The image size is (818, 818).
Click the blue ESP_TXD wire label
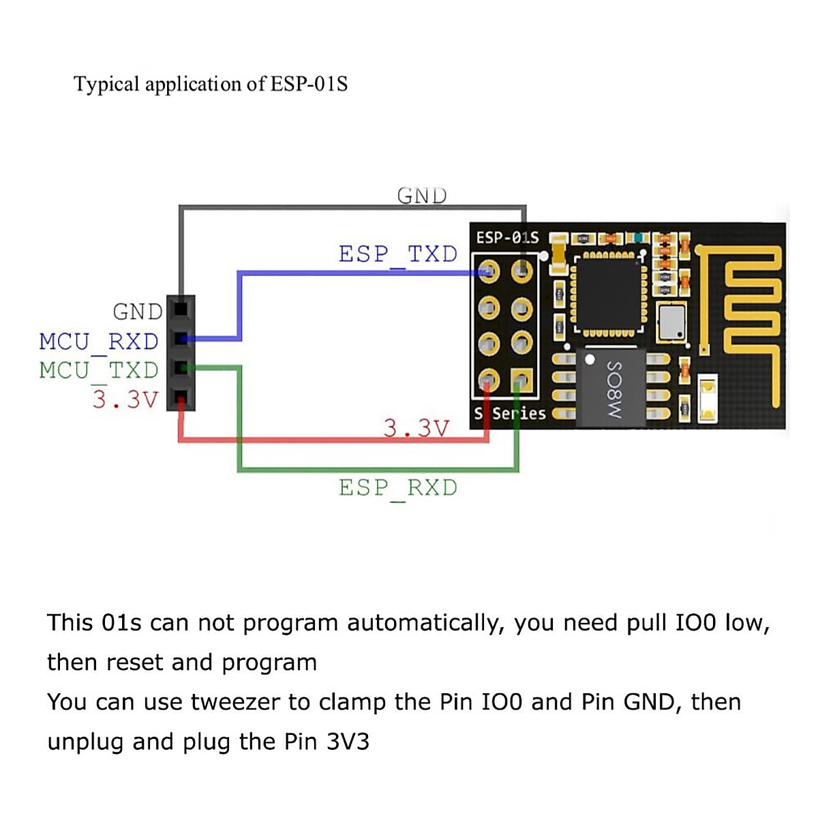pyautogui.click(x=398, y=254)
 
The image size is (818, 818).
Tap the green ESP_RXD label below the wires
pyautogui.click(x=398, y=488)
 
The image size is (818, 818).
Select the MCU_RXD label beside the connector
pyautogui.click(x=99, y=342)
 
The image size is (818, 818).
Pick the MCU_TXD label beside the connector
pyautogui.click(x=99, y=370)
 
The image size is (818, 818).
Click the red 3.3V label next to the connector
pyautogui.click(x=125, y=399)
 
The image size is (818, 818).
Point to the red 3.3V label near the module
pyautogui.click(x=416, y=428)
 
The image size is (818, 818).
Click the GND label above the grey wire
pyautogui.click(x=422, y=196)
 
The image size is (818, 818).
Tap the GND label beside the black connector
pyautogui.click(x=138, y=312)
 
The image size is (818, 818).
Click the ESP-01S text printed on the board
pyautogui.click(x=507, y=238)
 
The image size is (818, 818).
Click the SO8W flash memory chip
pyautogui.click(x=611, y=388)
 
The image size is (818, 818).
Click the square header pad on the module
pyautogui.click(x=521, y=379)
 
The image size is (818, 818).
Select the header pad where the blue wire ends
pyautogui.click(x=489, y=273)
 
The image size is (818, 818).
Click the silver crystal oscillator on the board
pyautogui.click(x=671, y=322)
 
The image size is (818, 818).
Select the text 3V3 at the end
pyautogui.click(x=348, y=742)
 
